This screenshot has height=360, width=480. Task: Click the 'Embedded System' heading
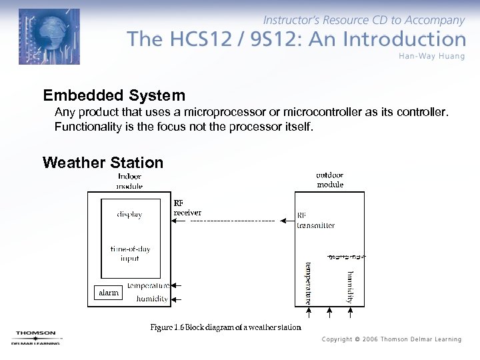pyautogui.click(x=113, y=95)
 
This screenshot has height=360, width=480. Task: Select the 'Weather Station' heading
pyautogui.click(x=103, y=163)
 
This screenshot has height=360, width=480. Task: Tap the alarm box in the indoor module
pyautogui.click(x=108, y=293)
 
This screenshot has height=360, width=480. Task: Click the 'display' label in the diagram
pyautogui.click(x=129, y=215)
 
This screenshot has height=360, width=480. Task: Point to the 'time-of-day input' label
pyautogui.click(x=130, y=253)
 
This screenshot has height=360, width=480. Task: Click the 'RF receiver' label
pyautogui.click(x=187, y=208)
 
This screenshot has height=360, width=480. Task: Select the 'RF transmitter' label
pyautogui.click(x=315, y=221)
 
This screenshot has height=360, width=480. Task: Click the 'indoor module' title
pyautogui.click(x=129, y=181)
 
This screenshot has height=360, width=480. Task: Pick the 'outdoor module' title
pyautogui.click(x=330, y=180)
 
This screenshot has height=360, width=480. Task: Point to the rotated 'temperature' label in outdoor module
pyautogui.click(x=308, y=283)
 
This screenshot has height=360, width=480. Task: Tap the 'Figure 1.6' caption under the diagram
pyautogui.click(x=225, y=327)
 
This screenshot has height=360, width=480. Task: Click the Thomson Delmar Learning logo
pyautogui.click(x=36, y=337)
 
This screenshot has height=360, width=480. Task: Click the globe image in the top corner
pyautogui.click(x=49, y=37)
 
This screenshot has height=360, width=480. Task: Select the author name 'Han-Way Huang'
pyautogui.click(x=431, y=55)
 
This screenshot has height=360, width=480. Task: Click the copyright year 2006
pyautogui.click(x=371, y=339)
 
